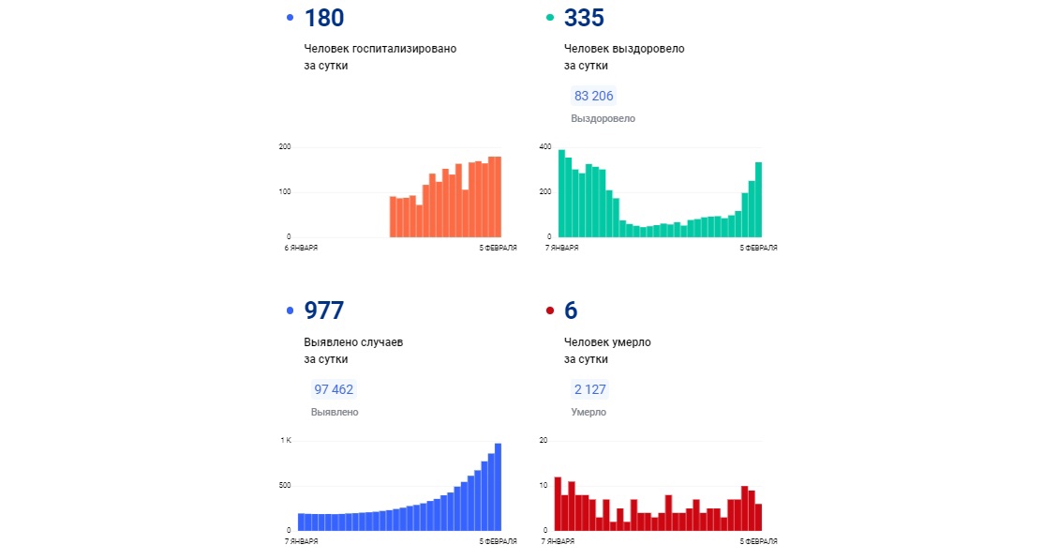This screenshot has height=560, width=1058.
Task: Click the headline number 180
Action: (324, 18)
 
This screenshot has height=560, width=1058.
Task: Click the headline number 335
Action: (585, 18)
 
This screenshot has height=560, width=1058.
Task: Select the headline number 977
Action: (324, 310)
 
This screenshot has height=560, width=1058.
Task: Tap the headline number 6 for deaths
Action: (571, 310)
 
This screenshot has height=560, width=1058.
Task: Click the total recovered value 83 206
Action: (594, 96)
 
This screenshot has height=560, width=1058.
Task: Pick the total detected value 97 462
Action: (334, 389)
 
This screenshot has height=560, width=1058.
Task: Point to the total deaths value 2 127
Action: (589, 389)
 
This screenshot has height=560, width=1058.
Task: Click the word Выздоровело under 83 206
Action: (603, 119)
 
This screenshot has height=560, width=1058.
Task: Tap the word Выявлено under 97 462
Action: (335, 412)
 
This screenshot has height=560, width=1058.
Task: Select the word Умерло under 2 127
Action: (589, 412)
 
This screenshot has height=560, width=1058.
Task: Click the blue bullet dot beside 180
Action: (290, 18)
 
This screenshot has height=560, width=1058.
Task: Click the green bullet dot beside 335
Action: (550, 18)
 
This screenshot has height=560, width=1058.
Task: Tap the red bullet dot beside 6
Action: (550, 310)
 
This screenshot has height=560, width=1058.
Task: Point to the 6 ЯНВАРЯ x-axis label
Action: (301, 249)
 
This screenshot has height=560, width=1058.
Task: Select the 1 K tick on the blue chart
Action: (285, 440)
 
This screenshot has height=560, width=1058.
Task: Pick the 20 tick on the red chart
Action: (544, 440)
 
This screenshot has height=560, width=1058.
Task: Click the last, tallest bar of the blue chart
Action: (498, 487)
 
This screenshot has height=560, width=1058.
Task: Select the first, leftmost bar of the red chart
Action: (558, 504)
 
